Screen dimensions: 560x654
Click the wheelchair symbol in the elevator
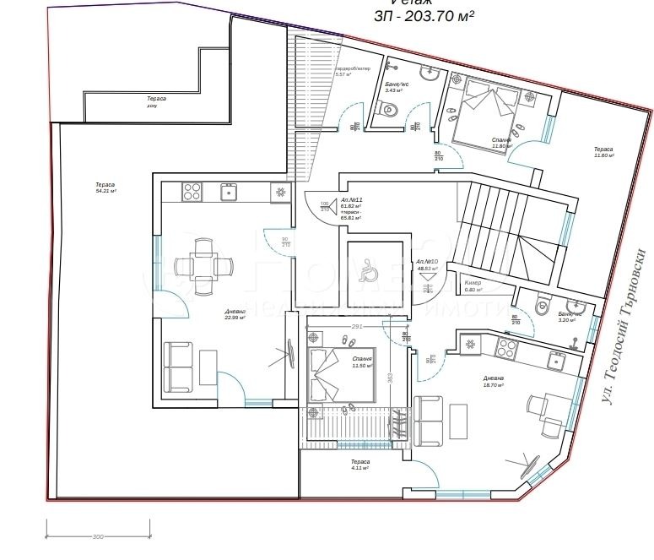click(x=368, y=270)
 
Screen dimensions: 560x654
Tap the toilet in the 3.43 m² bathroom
click(x=389, y=109)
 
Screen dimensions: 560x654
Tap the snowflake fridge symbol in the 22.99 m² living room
click(x=280, y=193)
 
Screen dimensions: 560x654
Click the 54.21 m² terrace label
click(x=105, y=188)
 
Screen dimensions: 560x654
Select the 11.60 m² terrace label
click(x=603, y=152)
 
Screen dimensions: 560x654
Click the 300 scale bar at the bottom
click(x=98, y=536)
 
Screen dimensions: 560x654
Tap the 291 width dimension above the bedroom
click(x=358, y=326)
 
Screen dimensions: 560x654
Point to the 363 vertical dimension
click(x=391, y=377)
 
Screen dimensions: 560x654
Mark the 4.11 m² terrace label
click(x=360, y=465)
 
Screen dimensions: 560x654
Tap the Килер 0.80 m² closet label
click(x=473, y=285)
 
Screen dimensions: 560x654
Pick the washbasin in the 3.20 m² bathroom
click(x=578, y=306)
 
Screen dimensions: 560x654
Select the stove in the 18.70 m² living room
click(x=505, y=345)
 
